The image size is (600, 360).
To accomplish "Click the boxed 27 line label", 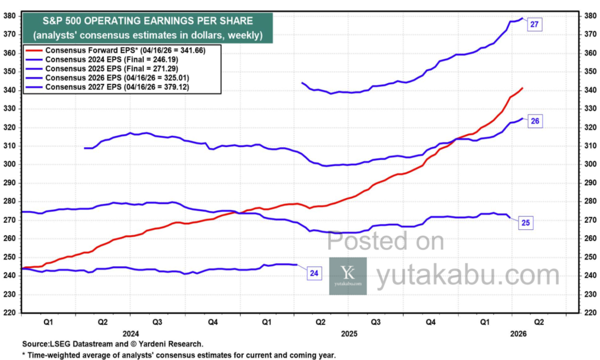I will click(534, 24).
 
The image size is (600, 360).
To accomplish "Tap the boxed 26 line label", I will click(534, 121).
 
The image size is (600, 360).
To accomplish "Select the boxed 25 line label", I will click(526, 222).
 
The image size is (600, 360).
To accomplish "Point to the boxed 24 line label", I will click(314, 273).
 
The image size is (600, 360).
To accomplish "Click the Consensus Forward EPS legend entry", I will click(117, 51).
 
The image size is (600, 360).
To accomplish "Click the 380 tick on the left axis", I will click(11, 16).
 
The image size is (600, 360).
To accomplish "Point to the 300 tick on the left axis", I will click(11, 164).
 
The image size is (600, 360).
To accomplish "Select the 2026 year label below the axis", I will click(519, 333).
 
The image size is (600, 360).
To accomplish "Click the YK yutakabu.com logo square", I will click(348, 276).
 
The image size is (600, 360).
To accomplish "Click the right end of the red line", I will click(522, 88).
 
